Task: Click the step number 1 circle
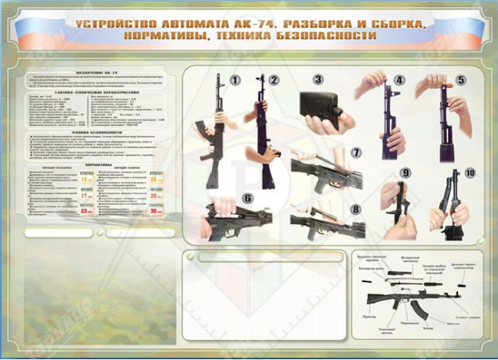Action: point(236,80)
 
